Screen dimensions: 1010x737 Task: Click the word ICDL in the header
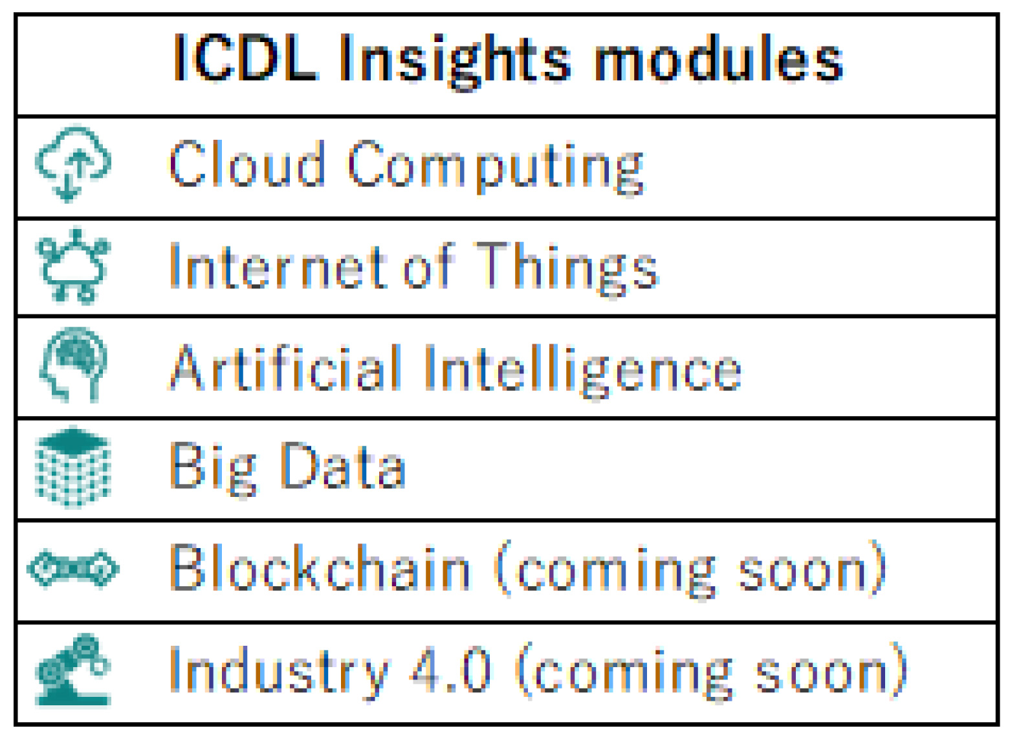point(246,58)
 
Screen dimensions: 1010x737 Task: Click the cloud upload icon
point(74,163)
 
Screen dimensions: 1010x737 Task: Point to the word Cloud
point(247,163)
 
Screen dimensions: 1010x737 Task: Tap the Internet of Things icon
point(74,266)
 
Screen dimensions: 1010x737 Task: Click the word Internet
point(278,266)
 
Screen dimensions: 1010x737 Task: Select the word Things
point(566,270)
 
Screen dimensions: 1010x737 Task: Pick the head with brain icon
point(74,364)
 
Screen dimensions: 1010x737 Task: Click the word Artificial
point(285,367)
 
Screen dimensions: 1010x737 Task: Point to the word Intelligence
point(582,371)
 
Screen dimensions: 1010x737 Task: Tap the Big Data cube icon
point(73,467)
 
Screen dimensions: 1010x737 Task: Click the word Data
point(343,465)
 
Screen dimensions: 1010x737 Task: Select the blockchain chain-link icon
point(73,568)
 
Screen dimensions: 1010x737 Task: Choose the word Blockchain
point(320,567)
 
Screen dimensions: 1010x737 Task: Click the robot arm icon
point(74,669)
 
